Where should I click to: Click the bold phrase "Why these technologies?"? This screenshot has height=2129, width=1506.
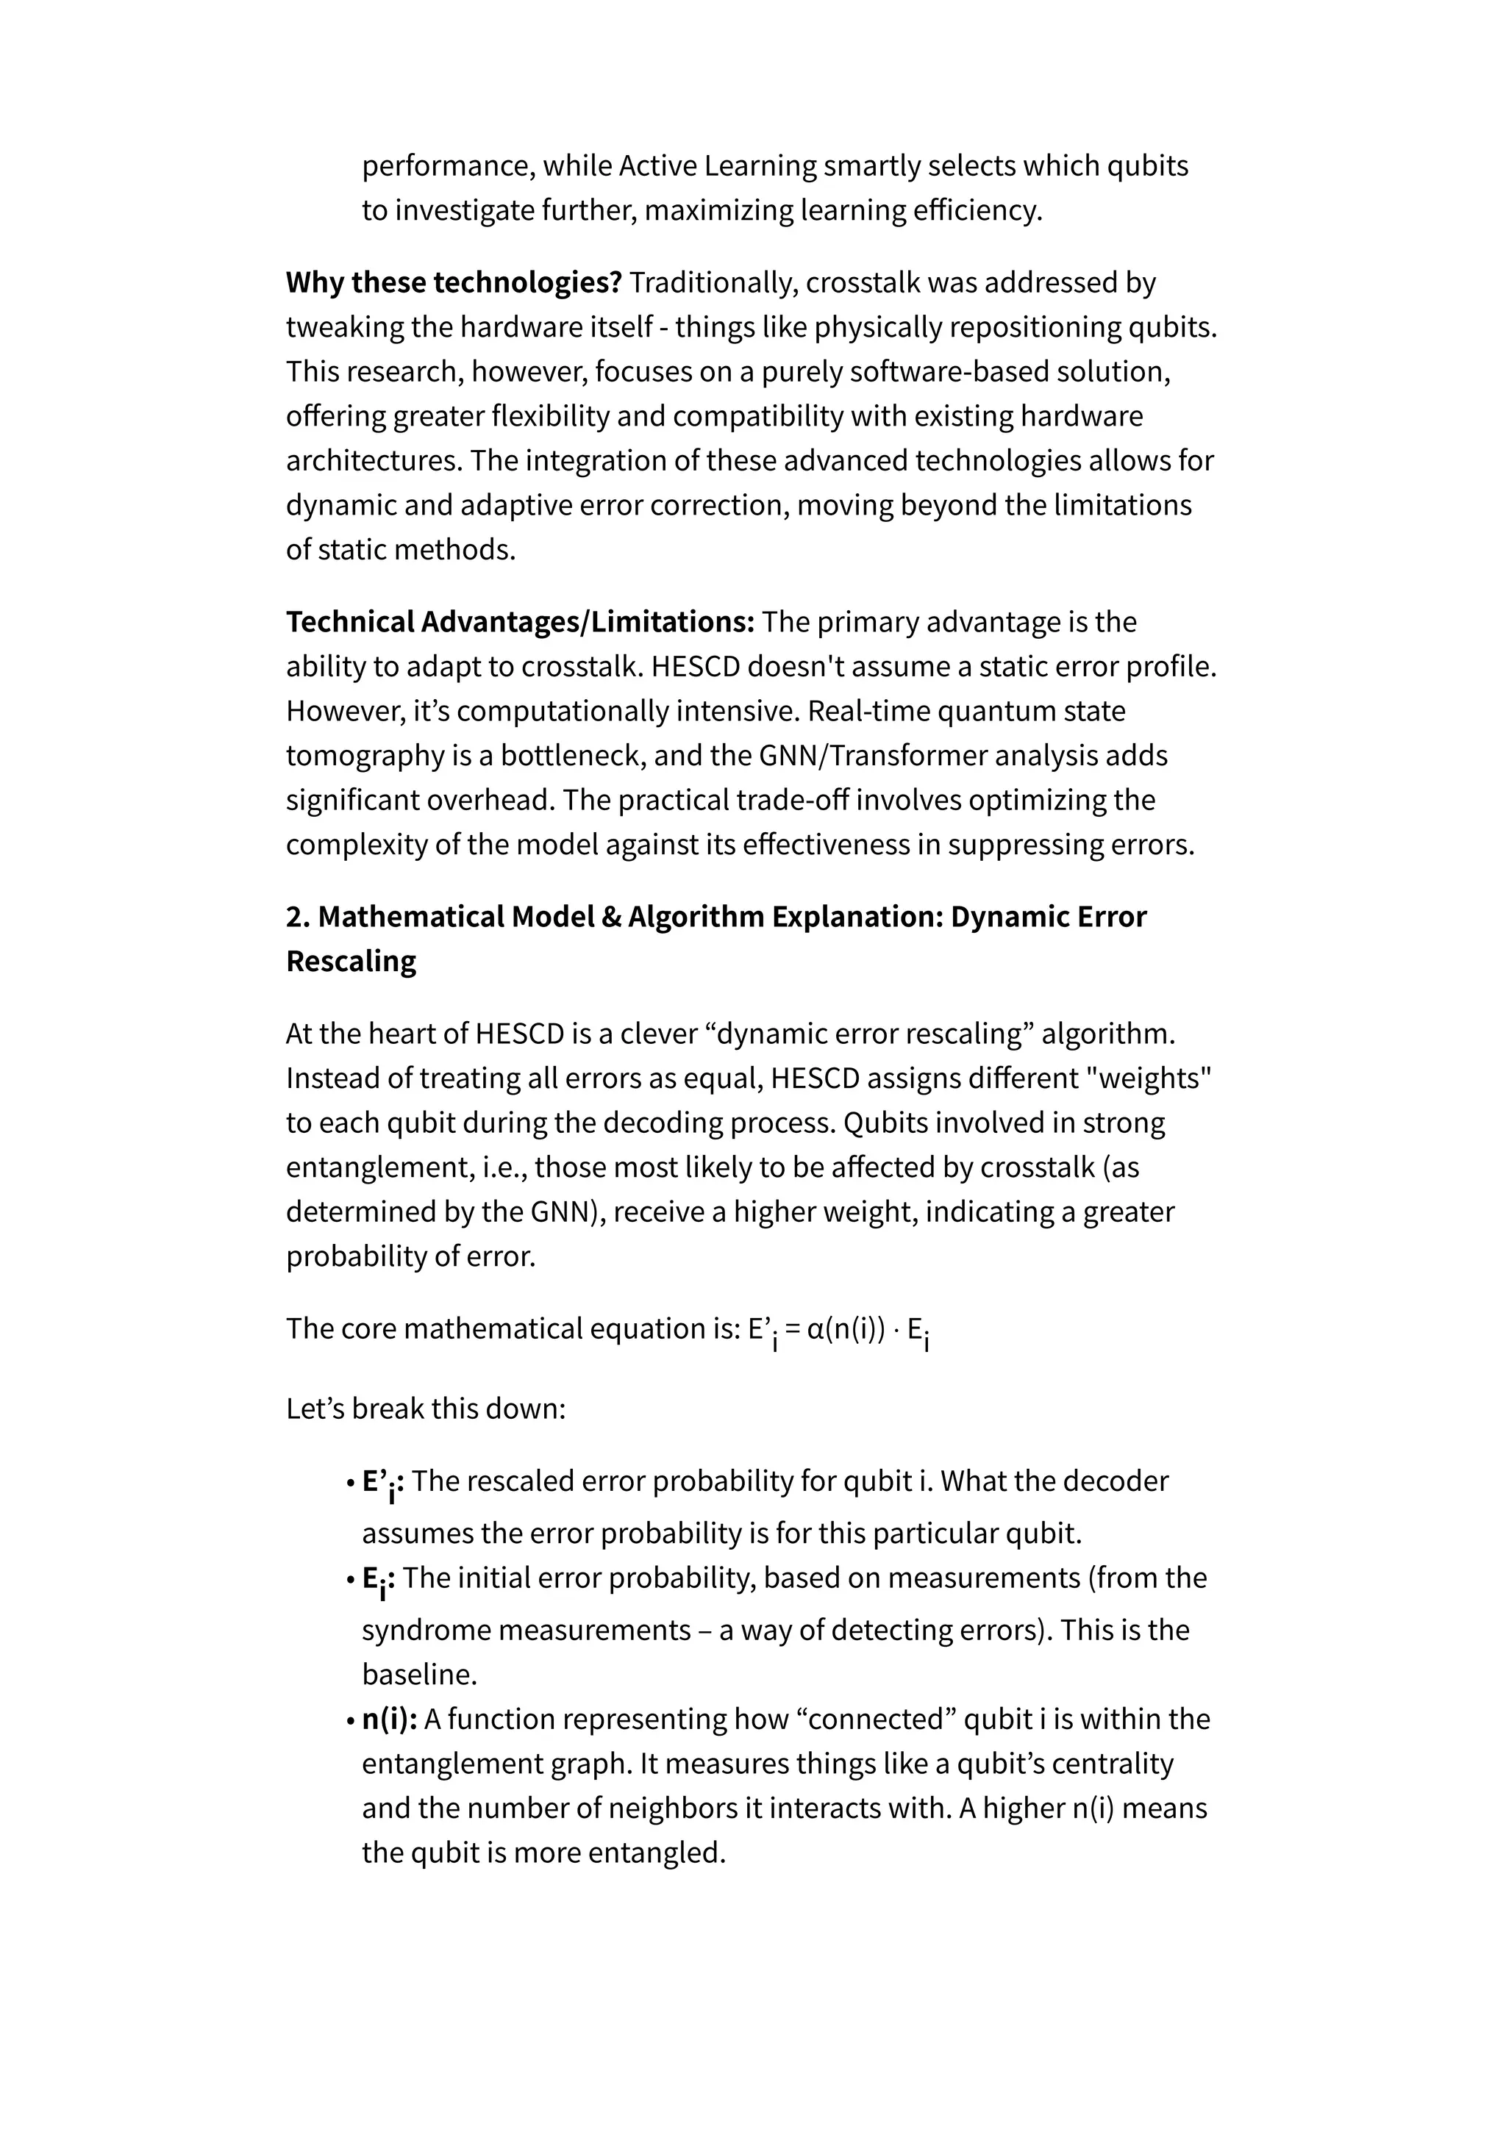point(454,283)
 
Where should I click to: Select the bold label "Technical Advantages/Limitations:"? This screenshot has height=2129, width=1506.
point(520,622)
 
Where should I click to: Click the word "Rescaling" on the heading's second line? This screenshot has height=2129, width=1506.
point(351,962)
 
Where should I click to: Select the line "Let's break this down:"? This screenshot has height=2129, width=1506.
point(426,1409)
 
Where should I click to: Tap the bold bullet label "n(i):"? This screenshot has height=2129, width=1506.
point(388,1719)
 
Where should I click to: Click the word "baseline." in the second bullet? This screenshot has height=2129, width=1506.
point(419,1675)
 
